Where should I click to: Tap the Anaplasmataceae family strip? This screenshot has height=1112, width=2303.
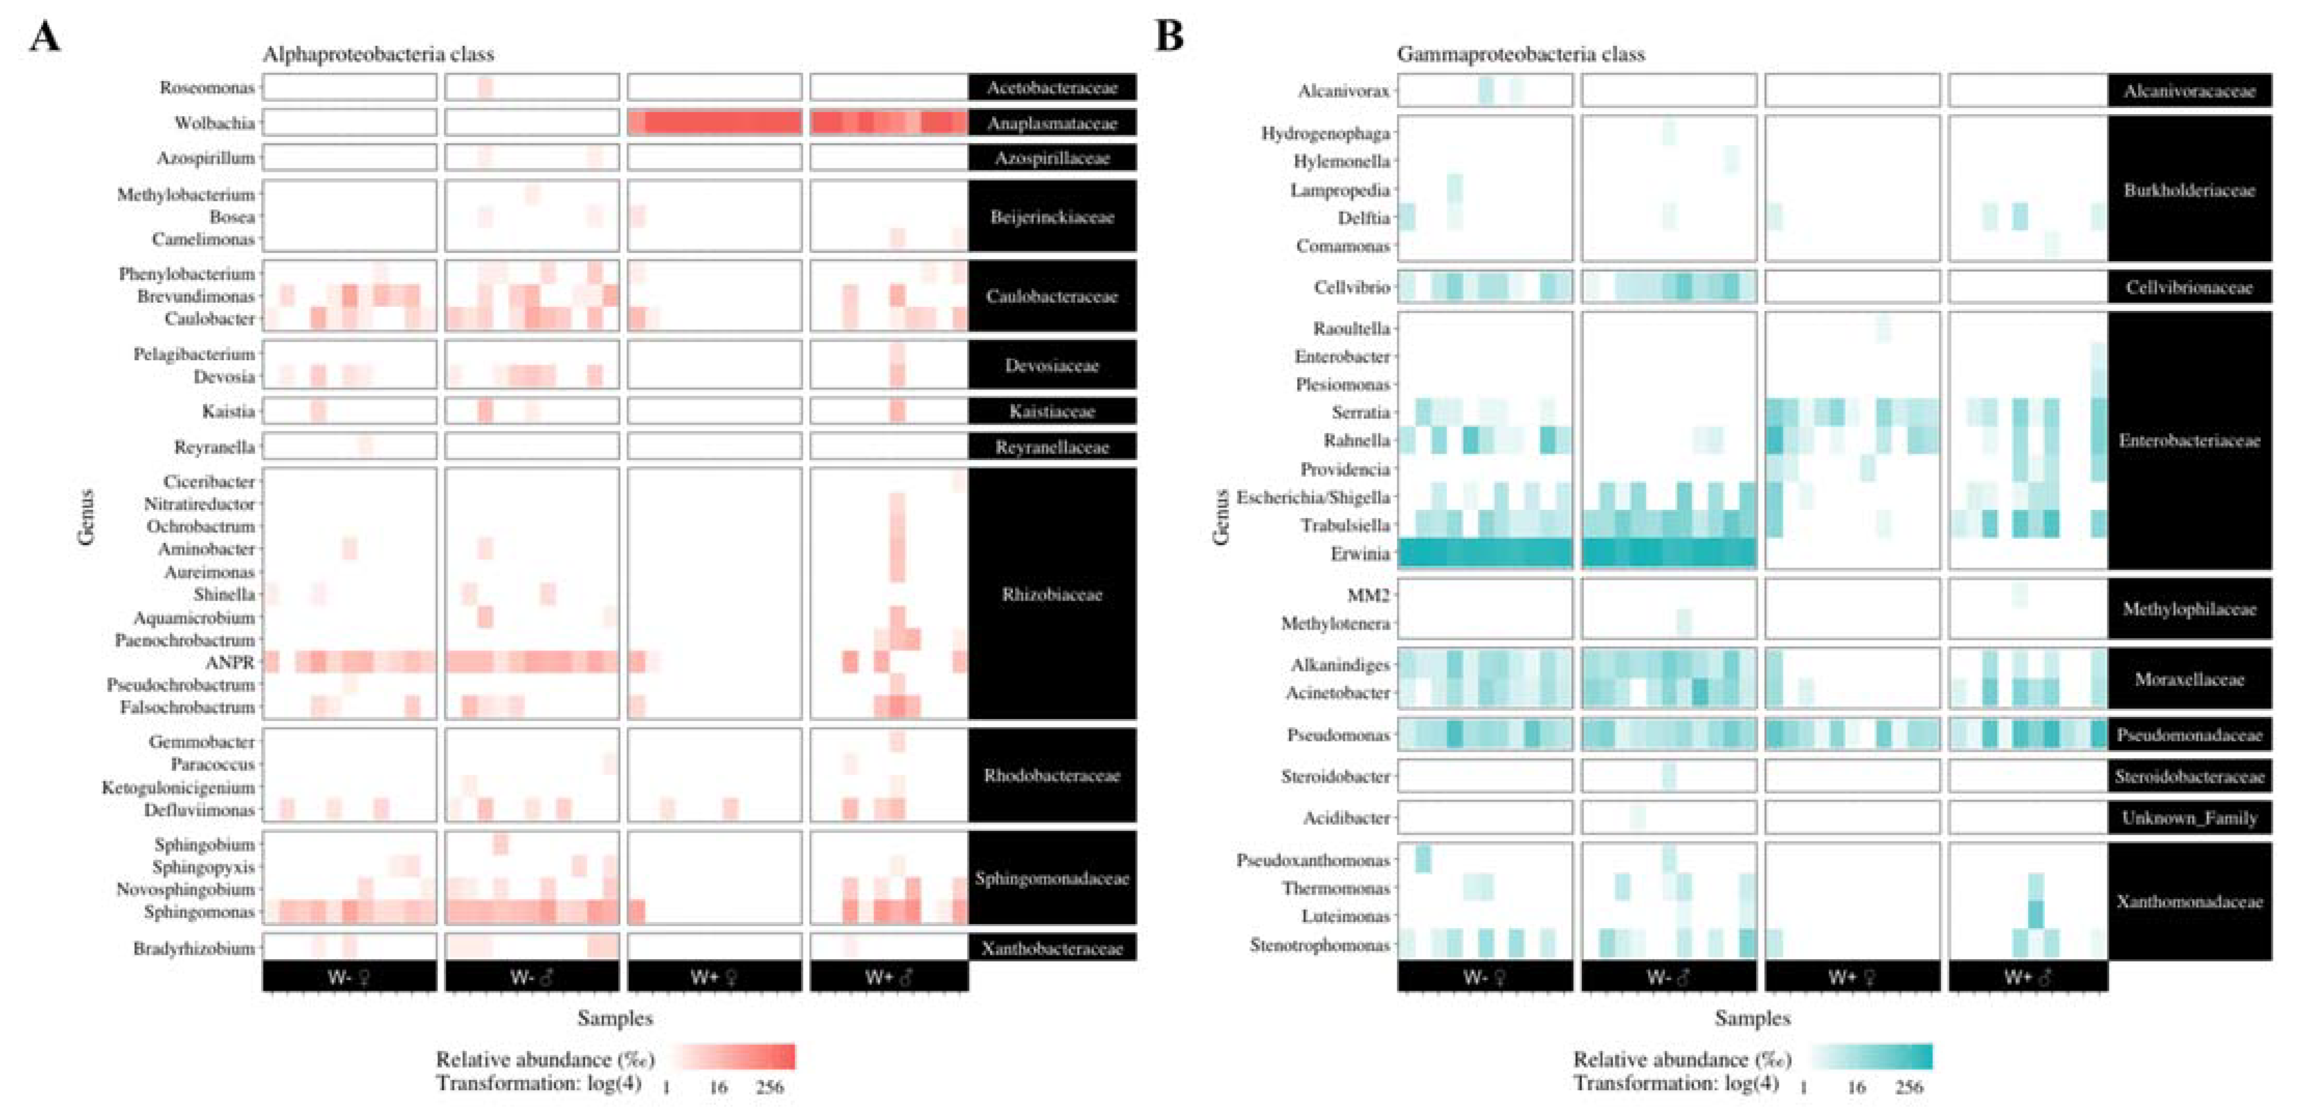pyautogui.click(x=1052, y=124)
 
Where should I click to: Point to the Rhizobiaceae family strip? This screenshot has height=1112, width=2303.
pyautogui.click(x=1052, y=594)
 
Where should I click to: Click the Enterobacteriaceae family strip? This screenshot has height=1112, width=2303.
pyautogui.click(x=2189, y=441)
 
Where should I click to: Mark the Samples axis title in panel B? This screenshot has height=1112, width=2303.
pyautogui.click(x=1752, y=1018)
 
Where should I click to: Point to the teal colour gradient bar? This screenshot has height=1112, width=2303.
pyautogui.click(x=1871, y=1056)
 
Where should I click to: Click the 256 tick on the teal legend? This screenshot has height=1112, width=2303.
pyautogui.click(x=1909, y=1087)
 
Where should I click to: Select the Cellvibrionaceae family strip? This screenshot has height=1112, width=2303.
pyautogui.click(x=2189, y=288)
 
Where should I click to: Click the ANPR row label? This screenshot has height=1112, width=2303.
pyautogui.click(x=230, y=662)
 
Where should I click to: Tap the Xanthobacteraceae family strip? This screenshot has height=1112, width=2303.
pyautogui.click(x=1052, y=948)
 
